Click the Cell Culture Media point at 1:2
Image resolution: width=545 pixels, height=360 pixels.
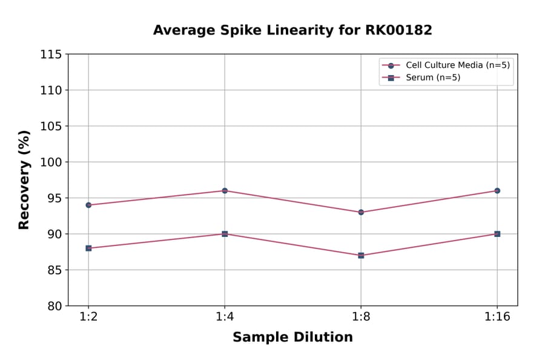pyautogui.click(x=88, y=205)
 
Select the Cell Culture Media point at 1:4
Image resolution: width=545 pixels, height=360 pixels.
pyautogui.click(x=225, y=190)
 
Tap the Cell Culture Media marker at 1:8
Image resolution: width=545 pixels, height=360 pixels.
pyautogui.click(x=361, y=212)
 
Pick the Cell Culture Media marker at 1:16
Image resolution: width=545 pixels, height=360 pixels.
pyautogui.click(x=497, y=190)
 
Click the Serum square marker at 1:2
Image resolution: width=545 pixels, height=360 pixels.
pyautogui.click(x=88, y=248)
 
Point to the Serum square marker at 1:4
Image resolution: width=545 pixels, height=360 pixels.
pyautogui.click(x=225, y=234)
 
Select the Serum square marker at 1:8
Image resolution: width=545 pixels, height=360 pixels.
pyautogui.click(x=361, y=255)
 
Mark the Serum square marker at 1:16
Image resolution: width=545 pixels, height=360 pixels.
pyautogui.click(x=497, y=234)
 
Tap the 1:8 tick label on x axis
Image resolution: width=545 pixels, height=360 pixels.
pyautogui.click(x=361, y=318)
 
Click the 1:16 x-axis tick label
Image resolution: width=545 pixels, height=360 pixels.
pyautogui.click(x=497, y=318)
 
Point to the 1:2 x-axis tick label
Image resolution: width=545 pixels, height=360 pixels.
pyautogui.click(x=88, y=318)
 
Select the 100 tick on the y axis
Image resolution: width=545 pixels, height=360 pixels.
pyautogui.click(x=53, y=162)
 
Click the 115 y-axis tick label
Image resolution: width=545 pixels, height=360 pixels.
pyautogui.click(x=53, y=54)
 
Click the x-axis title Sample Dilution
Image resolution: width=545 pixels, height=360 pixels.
pyautogui.click(x=292, y=338)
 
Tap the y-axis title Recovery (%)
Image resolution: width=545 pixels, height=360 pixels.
pyautogui.click(x=24, y=180)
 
